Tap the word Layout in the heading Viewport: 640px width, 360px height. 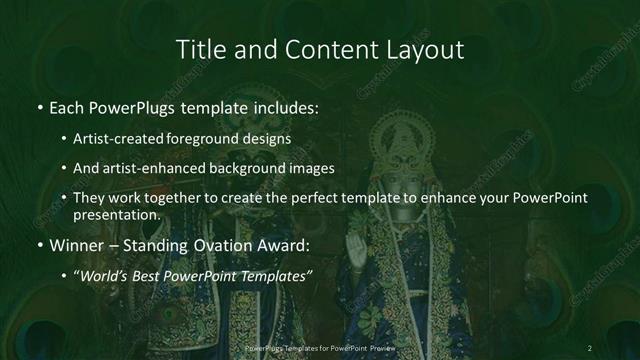(425, 49)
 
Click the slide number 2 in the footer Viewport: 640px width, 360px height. (591, 347)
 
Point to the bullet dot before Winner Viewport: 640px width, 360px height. (39, 245)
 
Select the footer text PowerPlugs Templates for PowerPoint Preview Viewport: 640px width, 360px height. (320, 347)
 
